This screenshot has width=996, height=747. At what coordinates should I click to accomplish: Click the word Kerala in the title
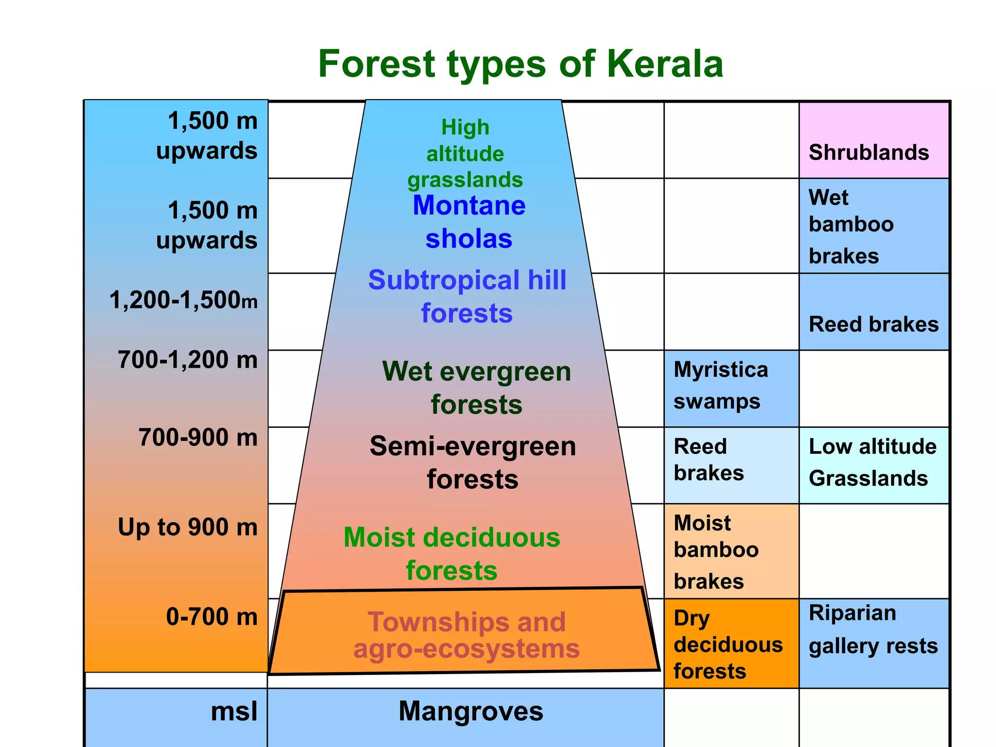click(665, 64)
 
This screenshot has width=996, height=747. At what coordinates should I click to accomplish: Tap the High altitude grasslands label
click(465, 153)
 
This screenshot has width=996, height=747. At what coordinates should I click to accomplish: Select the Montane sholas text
click(469, 222)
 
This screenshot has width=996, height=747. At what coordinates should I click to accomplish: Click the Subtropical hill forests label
click(467, 296)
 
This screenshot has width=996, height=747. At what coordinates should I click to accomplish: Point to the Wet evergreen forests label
click(476, 388)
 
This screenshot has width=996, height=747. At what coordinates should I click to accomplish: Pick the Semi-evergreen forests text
click(473, 462)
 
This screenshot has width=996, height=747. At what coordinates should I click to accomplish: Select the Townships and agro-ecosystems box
click(466, 634)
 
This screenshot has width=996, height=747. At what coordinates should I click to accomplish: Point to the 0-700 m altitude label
click(212, 617)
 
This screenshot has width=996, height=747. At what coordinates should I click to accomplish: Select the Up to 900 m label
click(188, 527)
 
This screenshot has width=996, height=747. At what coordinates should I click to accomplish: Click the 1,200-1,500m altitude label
click(183, 300)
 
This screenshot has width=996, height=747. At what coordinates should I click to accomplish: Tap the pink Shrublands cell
click(874, 141)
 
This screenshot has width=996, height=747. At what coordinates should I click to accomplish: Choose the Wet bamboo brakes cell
click(874, 226)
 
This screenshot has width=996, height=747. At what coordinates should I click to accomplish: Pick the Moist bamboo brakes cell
click(731, 551)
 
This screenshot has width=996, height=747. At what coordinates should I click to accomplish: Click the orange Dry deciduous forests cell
click(731, 644)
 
